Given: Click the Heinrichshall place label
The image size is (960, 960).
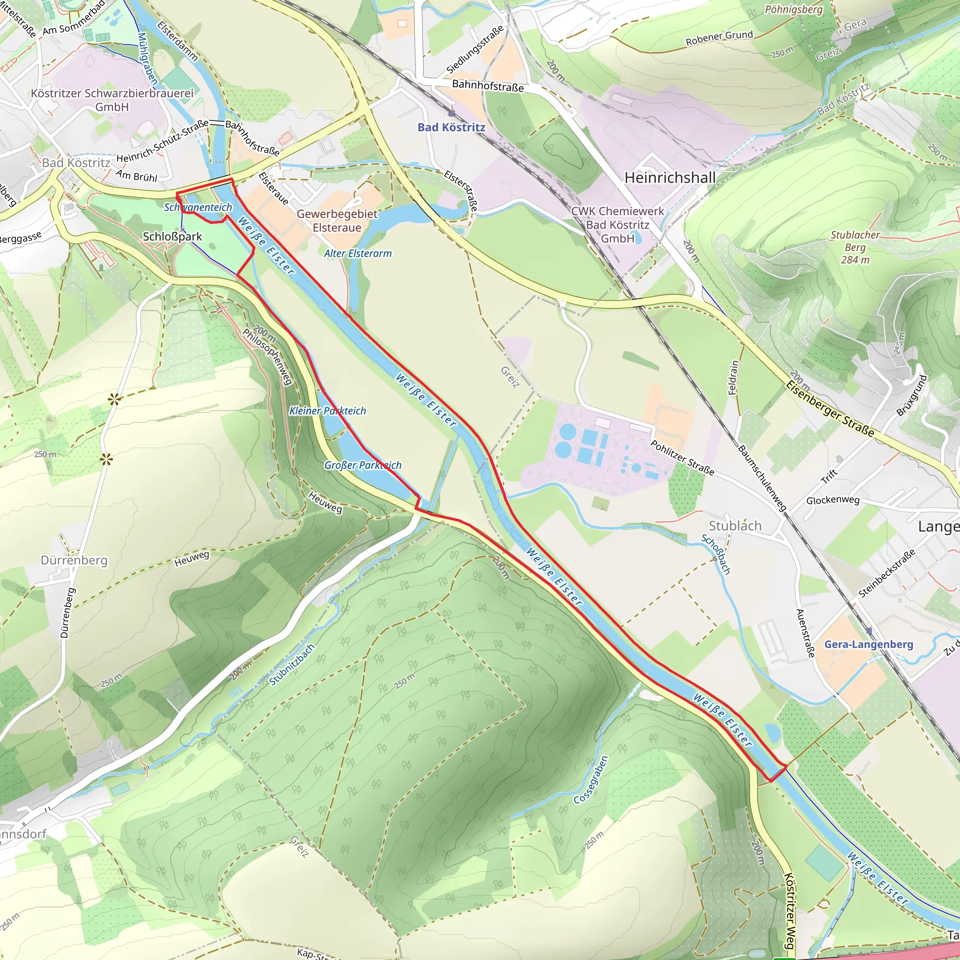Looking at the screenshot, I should click(x=670, y=177).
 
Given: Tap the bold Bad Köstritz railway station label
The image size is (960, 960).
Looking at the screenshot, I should click(x=451, y=127).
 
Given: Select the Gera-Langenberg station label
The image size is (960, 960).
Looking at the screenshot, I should click(x=869, y=645).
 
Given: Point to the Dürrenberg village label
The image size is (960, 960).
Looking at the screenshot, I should click(x=74, y=560).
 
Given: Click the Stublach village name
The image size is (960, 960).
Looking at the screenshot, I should click(x=735, y=526).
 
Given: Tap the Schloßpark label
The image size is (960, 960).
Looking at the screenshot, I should click(x=172, y=237).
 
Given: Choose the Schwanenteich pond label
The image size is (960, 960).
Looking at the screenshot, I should click(x=198, y=207).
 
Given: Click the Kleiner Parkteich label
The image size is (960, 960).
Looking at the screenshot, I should click(x=328, y=411).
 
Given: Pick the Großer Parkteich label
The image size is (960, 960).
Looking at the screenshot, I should click(x=363, y=465).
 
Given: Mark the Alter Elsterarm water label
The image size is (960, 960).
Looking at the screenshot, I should click(x=358, y=254).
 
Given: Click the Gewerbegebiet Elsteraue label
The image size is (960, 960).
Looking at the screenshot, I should click(x=337, y=221).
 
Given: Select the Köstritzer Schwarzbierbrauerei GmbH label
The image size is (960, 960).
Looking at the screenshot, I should click(x=112, y=100).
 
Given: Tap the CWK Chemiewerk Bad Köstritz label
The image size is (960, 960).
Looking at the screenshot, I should click(x=618, y=225).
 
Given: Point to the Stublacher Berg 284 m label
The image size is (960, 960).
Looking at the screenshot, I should click(x=855, y=247).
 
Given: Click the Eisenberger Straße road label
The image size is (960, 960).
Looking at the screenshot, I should click(x=830, y=409).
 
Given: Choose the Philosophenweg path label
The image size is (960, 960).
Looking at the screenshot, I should click(x=267, y=356).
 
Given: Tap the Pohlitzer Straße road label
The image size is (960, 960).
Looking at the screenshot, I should click(x=682, y=457).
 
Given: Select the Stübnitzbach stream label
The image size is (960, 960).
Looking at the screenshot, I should click(x=292, y=665).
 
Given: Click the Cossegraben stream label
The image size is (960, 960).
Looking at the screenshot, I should click(x=591, y=780).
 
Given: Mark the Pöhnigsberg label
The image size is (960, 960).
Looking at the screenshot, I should click(x=794, y=9).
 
